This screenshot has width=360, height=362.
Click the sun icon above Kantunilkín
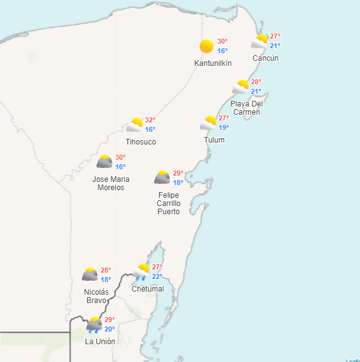tap(207, 46)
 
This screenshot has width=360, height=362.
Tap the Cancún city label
tap(265, 58)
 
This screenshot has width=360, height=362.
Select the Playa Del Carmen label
tap(246, 108)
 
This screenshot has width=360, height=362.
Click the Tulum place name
tap(214, 139)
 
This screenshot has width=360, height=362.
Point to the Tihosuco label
tap(141, 142)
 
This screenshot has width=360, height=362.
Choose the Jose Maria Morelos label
tap(111, 183)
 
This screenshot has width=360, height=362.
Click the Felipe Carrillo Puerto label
tap(169, 203)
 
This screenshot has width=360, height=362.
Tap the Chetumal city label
tap(148, 289)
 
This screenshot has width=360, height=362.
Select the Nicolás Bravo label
tap(96, 296)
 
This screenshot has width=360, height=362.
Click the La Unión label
tap(100, 341)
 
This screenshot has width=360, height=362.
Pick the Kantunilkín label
tap(213, 63)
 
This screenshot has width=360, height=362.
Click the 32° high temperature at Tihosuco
tap(150, 120)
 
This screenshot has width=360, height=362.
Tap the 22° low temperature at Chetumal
tap(157, 276)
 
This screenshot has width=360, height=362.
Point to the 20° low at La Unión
tap(110, 329)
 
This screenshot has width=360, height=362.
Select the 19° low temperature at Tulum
tap(224, 127)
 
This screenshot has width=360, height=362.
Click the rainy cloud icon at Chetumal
tap(141, 273)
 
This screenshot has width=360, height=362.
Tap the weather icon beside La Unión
tap(94, 325)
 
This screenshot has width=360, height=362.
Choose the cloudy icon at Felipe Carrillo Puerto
tap(162, 177)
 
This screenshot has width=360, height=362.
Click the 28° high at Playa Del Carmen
tap(256, 82)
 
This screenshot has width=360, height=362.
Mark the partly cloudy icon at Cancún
tap(259, 41)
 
